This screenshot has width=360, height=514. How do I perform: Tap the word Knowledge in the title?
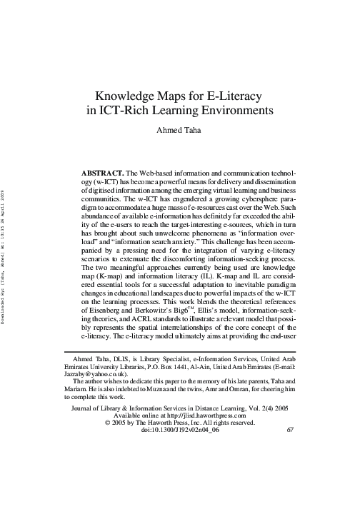[125, 96]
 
